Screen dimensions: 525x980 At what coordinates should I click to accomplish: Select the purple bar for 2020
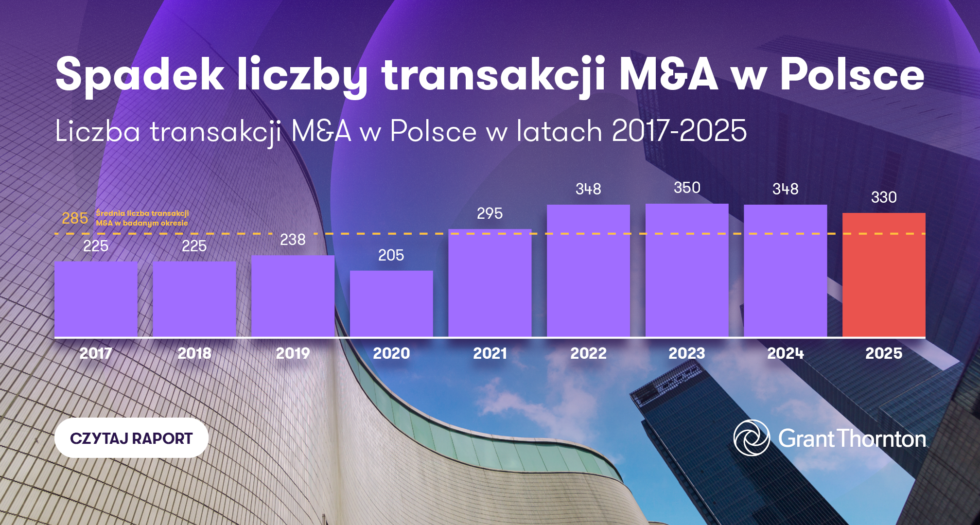point(391,303)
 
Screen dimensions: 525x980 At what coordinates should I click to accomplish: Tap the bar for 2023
point(687,270)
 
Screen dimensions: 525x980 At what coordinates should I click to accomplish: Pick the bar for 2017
point(96,299)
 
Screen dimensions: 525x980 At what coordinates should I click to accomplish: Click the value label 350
point(687,188)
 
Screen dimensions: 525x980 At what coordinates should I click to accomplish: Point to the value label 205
point(391,255)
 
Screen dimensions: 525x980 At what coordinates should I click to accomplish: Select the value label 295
point(490,213)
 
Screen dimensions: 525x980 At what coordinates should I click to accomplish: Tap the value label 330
point(884,197)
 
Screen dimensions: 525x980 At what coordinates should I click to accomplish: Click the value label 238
point(293,240)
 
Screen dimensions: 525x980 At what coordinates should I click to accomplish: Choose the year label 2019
point(293,353)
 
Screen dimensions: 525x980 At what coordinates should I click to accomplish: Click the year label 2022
point(588,353)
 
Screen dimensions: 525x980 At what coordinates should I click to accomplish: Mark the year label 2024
point(785,353)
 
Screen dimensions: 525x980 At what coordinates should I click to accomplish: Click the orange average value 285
point(75,218)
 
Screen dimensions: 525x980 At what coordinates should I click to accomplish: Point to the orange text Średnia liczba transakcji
point(142,213)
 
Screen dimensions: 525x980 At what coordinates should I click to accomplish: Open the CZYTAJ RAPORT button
point(131,438)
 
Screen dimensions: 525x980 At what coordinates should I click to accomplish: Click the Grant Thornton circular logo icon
point(751,438)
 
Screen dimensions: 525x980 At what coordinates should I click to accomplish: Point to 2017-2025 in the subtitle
point(679,131)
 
